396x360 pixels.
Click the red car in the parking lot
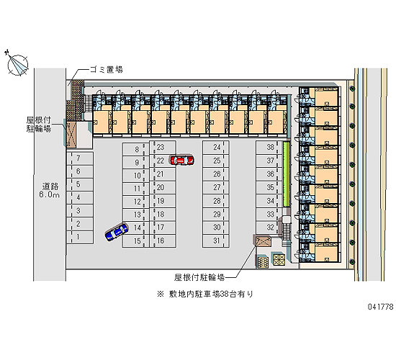click(182, 160)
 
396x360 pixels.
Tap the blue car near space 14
click(117, 231)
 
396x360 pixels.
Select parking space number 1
click(80, 237)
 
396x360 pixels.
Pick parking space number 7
click(80, 158)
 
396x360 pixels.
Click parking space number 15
click(135, 240)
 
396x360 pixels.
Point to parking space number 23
click(163, 147)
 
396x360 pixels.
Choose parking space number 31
click(215, 240)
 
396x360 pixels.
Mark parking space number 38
click(269, 148)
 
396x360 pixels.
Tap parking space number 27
click(215, 187)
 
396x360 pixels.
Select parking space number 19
click(163, 201)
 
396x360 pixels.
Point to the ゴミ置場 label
click(107, 69)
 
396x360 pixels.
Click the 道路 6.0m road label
click(50, 191)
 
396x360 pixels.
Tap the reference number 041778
click(380, 307)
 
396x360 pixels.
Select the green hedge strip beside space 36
click(286, 174)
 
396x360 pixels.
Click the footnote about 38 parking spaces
click(205, 294)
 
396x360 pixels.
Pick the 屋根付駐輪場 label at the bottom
click(199, 277)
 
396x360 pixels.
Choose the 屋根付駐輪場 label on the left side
click(39, 125)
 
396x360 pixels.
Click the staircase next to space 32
click(287, 231)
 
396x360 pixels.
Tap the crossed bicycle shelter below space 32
click(263, 241)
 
